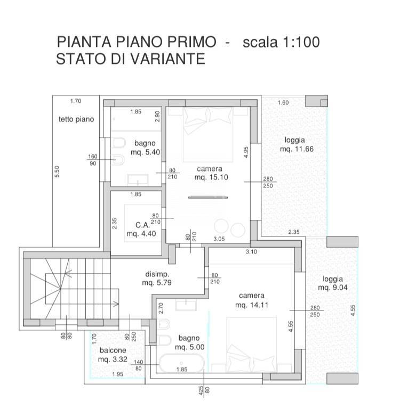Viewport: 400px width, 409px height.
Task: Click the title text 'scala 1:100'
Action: tap(281, 42)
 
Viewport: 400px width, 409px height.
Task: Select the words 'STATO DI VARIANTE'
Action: tap(130, 59)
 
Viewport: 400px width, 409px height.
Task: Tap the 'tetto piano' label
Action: tap(76, 119)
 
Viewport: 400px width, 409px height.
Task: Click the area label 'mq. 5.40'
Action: tap(146, 152)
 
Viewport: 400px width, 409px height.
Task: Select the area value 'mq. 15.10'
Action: tap(211, 177)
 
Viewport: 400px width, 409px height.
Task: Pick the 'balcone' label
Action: tap(113, 350)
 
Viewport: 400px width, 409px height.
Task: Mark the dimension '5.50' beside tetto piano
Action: tap(57, 172)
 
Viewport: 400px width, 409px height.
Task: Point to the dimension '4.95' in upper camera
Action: tap(246, 152)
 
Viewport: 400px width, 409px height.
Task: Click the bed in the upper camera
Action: tap(208, 133)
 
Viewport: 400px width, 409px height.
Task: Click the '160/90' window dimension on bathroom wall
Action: tap(93, 160)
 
